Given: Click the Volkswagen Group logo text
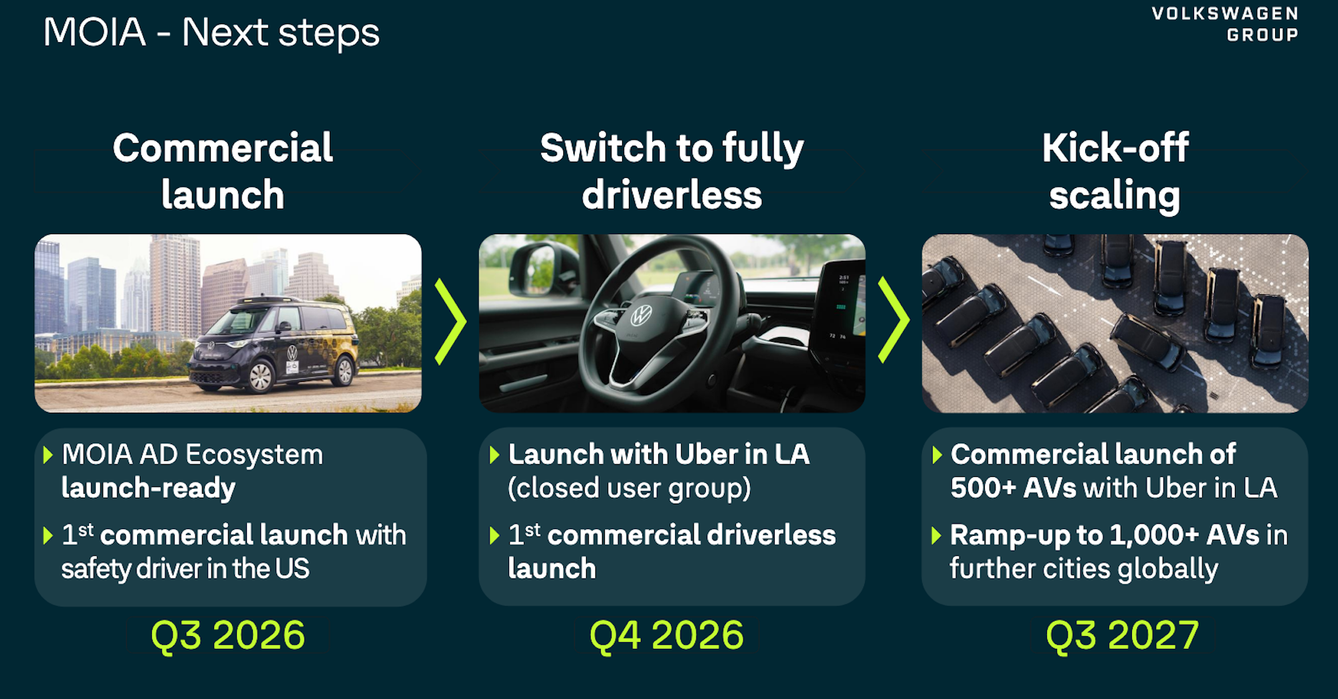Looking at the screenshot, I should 1225,24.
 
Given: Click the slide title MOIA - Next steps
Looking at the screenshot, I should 211,32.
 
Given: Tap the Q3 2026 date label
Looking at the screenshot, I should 227,635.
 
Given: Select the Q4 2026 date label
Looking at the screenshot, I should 666,635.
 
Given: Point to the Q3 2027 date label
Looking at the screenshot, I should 1122,635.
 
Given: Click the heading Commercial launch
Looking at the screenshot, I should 223,171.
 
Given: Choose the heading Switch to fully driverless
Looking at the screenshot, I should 672,171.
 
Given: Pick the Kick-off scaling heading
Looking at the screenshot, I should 1115,171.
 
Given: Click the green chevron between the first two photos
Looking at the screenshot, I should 450,322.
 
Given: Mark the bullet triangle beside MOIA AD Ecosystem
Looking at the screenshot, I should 47,456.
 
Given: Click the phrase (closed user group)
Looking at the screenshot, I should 629,488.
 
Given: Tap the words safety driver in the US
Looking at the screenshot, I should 185,569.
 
